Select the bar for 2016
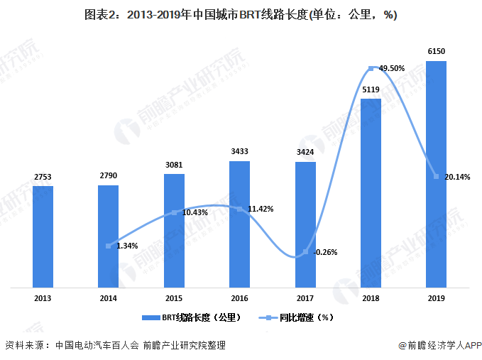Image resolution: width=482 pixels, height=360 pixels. (x=239, y=224)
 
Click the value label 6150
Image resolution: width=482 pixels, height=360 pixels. (x=436, y=51)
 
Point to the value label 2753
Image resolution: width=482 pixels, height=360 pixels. (x=43, y=177)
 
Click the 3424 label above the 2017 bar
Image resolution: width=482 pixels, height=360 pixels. (x=305, y=152)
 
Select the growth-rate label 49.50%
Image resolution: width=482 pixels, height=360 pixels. (x=392, y=68)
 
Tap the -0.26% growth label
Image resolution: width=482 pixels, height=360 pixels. (x=326, y=252)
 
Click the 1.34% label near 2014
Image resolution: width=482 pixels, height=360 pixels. (x=127, y=246)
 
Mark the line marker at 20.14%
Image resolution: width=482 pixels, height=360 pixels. (x=436, y=176)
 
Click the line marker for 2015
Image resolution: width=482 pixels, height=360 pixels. (x=174, y=212)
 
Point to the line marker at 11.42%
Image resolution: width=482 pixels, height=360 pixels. (x=239, y=209)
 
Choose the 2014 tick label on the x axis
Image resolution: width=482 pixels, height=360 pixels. (x=108, y=298)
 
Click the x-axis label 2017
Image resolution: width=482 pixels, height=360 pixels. (x=305, y=298)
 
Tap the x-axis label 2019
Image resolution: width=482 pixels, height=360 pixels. (x=436, y=298)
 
